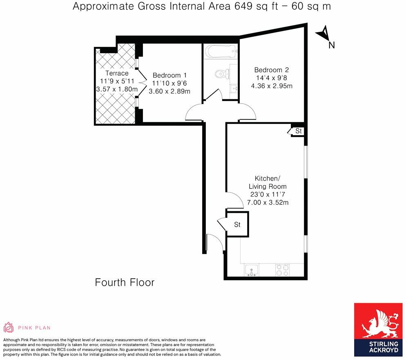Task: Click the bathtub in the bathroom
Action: tap(221, 52)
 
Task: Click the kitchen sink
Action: tap(251, 270)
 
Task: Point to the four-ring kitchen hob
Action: tap(282, 270)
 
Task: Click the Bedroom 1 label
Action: tap(170, 75)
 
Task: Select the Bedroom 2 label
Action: tap(271, 69)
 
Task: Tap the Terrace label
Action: tap(116, 73)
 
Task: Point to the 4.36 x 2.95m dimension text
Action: tap(272, 86)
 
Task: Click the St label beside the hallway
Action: tap(237, 225)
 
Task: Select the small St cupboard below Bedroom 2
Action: tap(298, 131)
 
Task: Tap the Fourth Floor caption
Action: tap(125, 282)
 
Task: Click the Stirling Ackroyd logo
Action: tap(378, 329)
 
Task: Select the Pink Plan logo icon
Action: tap(8, 327)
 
